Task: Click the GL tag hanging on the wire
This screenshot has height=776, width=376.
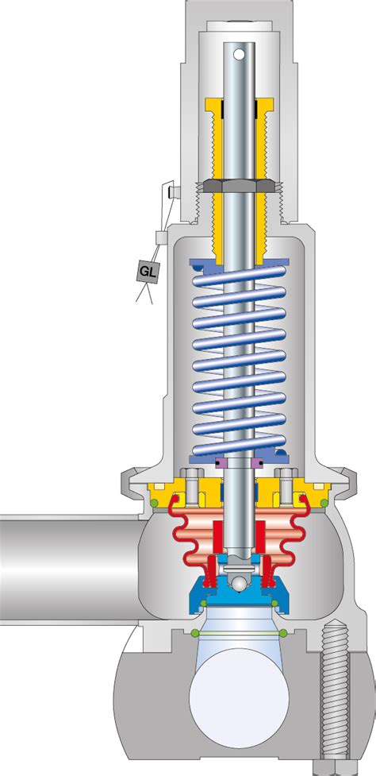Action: [x=148, y=272]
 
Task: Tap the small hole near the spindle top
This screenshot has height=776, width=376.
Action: [x=238, y=54]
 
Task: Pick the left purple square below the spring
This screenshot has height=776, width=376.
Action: [x=221, y=463]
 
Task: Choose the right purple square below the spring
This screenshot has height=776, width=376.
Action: [x=256, y=463]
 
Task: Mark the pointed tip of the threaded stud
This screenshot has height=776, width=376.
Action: [x=333, y=627]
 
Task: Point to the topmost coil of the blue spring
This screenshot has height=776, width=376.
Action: [x=238, y=273]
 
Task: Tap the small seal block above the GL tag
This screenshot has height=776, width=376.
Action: [x=159, y=237]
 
